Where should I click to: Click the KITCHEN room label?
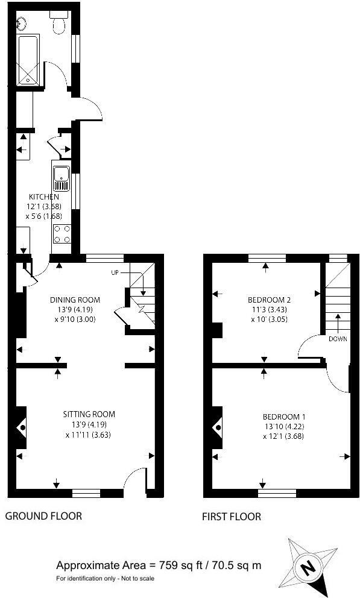45,197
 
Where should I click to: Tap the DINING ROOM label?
75,300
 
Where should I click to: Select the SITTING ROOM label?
89,414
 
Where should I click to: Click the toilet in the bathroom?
59,24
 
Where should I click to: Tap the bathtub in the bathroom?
28,60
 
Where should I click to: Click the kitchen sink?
62,175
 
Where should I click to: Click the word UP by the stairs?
115,273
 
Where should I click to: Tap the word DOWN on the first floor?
338,339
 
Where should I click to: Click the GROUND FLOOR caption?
43,516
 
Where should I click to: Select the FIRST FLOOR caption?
232,517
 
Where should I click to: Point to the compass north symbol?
308,567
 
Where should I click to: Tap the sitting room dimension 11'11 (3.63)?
90,435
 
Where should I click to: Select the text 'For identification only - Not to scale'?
105,579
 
